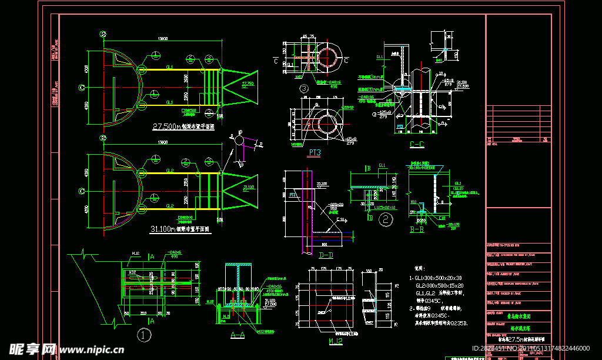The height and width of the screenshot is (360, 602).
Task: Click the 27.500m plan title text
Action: tap(183, 126)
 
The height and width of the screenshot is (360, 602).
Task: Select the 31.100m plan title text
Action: tap(181, 229)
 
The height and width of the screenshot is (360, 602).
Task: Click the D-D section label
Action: tap(326, 255)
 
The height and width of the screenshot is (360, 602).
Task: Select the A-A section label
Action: tap(238, 335)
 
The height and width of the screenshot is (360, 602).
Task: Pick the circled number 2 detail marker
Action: tap(386, 220)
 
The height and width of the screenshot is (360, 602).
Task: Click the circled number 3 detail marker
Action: tap(304, 89)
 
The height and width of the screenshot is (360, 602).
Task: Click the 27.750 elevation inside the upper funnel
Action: tap(248, 85)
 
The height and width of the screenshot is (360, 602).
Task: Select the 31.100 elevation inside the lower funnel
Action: tap(248, 188)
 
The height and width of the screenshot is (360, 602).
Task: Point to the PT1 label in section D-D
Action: tap(292, 194)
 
